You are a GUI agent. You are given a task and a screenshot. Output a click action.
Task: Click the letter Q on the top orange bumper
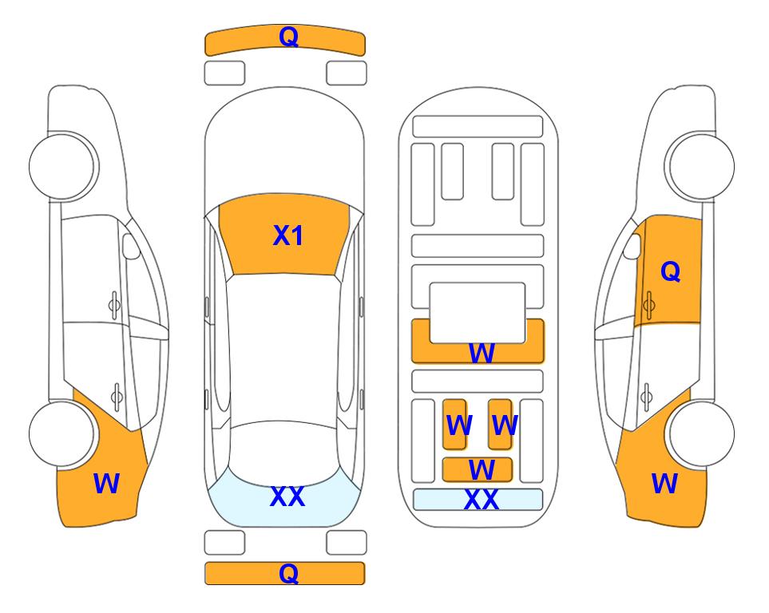(288, 37)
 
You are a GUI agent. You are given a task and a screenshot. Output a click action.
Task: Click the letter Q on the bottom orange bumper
(288, 573)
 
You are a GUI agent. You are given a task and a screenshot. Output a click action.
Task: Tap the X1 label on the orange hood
(288, 235)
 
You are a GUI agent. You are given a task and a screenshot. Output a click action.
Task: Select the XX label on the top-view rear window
(287, 496)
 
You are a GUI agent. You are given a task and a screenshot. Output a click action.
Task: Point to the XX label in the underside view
(481, 500)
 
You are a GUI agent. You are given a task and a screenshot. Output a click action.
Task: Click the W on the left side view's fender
(106, 484)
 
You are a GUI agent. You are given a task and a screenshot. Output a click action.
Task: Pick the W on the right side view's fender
(664, 484)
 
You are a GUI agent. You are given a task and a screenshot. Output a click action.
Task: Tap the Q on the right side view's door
(671, 271)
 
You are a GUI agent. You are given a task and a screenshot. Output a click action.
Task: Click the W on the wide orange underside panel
(482, 353)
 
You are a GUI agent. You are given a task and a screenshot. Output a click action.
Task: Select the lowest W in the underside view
(482, 470)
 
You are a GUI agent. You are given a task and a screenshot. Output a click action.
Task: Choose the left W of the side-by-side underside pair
(459, 425)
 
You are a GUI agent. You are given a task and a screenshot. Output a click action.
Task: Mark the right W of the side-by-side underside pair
(505, 425)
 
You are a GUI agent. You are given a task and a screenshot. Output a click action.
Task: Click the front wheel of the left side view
(63, 166)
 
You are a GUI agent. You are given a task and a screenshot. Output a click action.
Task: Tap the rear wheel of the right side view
(701, 433)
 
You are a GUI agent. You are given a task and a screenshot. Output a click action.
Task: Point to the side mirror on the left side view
(130, 246)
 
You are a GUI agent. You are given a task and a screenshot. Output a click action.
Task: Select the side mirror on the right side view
(632, 246)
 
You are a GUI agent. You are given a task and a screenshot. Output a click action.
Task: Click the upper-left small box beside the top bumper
(224, 73)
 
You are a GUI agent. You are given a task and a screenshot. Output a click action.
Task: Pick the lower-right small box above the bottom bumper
(347, 543)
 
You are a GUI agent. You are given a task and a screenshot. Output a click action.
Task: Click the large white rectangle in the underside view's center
(478, 313)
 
